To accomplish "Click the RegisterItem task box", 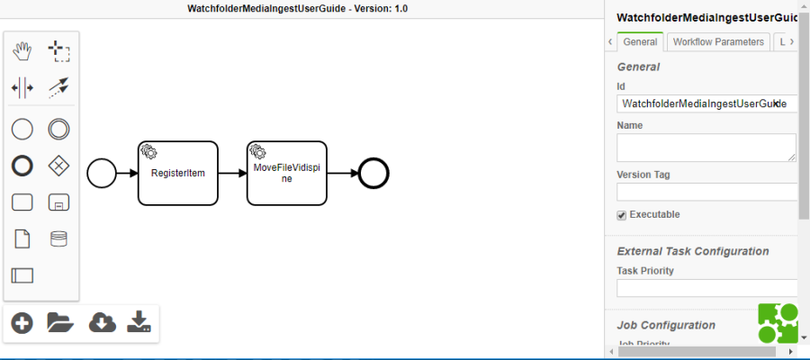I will click(x=177, y=172).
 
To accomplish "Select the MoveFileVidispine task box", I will click(x=286, y=172).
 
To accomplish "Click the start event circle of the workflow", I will click(x=102, y=173).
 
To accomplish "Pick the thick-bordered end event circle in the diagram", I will click(x=373, y=173).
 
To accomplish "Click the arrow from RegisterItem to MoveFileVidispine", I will click(x=232, y=173).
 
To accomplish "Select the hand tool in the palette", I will click(x=22, y=51).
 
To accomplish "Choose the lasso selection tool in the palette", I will click(x=59, y=51).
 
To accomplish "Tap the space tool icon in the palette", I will click(x=22, y=87).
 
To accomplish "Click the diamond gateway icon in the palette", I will click(x=59, y=166).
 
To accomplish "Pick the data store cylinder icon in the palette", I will click(x=59, y=238).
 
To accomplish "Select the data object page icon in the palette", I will click(x=22, y=238).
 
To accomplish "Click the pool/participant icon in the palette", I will click(x=22, y=275).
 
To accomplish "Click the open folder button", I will click(x=59, y=322).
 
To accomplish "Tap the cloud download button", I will click(x=102, y=322).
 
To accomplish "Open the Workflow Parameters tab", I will click(x=718, y=41).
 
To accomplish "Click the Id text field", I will click(x=706, y=103).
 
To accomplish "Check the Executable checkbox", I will click(x=621, y=215).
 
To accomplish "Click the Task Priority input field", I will click(x=706, y=288).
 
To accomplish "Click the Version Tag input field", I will click(x=706, y=192).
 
